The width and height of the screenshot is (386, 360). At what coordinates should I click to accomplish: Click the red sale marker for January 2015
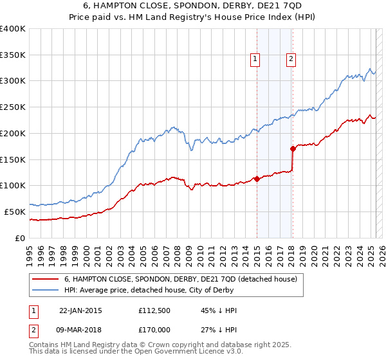click(x=257, y=179)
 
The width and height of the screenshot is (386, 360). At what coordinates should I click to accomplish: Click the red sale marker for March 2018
click(x=293, y=148)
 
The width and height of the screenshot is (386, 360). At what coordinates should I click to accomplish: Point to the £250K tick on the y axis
click(x=14, y=107)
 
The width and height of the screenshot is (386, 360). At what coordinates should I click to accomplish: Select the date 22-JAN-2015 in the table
click(x=80, y=310)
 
